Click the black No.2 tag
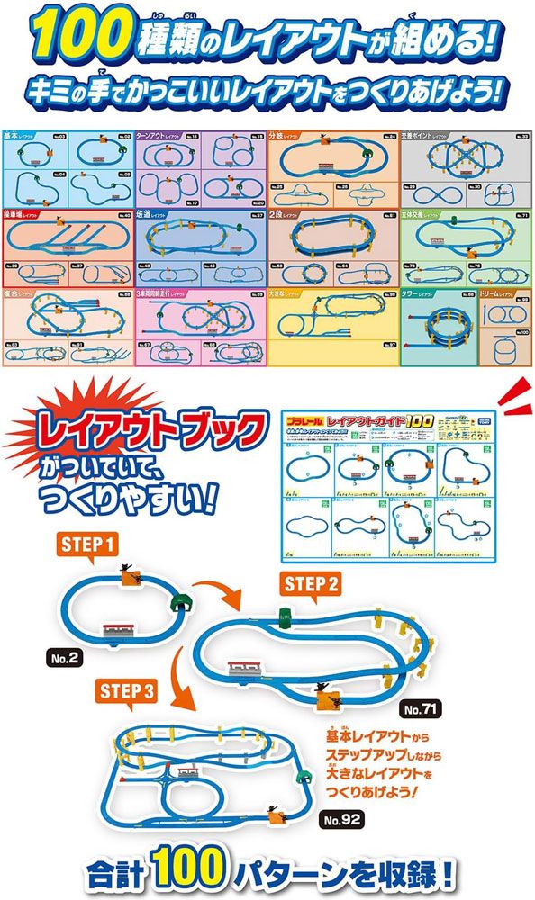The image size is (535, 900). click(x=66, y=658)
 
